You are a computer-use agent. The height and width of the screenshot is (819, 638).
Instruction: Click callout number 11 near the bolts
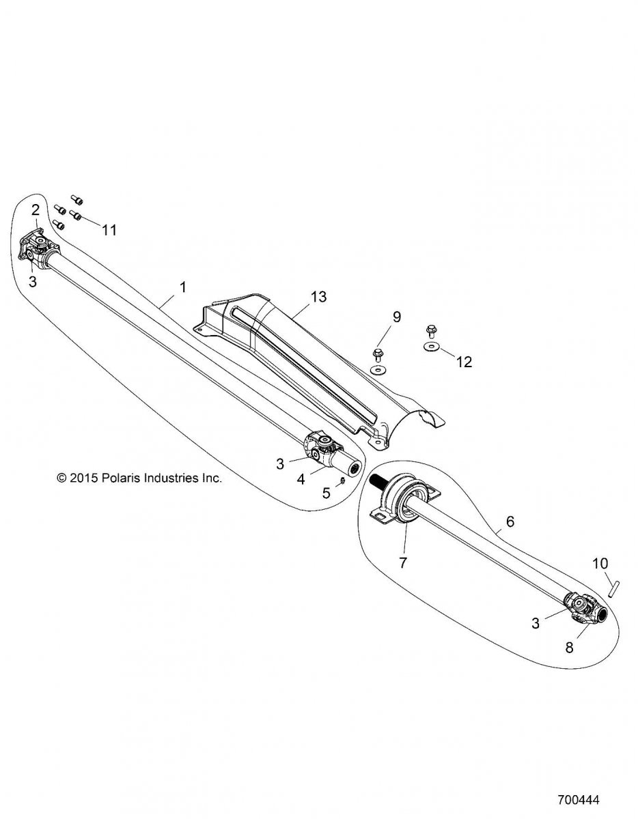tap(110, 229)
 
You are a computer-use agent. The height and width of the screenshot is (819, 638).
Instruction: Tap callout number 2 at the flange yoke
tap(36, 210)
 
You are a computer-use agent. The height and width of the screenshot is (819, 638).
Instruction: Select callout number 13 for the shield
tap(318, 297)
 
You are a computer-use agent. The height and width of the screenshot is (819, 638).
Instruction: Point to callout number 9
tap(397, 317)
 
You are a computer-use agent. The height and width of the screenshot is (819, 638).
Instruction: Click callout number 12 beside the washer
tap(464, 362)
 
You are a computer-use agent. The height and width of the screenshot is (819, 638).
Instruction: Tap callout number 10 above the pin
tap(600, 574)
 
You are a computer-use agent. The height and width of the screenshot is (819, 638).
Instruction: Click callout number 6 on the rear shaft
tap(510, 521)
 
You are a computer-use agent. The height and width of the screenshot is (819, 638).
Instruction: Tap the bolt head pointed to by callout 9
tap(378, 353)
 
